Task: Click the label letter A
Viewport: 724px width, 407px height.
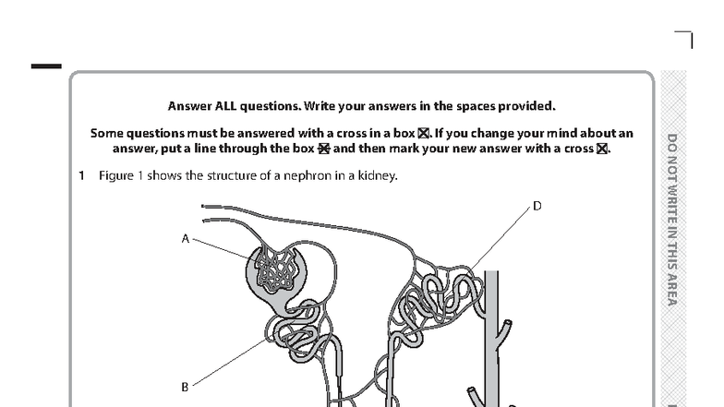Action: point(185,238)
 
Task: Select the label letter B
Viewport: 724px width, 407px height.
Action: point(185,387)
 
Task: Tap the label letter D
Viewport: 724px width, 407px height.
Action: point(537,206)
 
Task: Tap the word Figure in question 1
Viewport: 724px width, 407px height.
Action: point(115,175)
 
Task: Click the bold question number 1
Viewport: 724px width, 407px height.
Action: point(81,175)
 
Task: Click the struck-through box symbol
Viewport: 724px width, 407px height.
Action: point(323,149)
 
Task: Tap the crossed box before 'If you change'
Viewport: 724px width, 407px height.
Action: point(424,134)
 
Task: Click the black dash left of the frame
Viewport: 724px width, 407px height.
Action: point(46,66)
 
